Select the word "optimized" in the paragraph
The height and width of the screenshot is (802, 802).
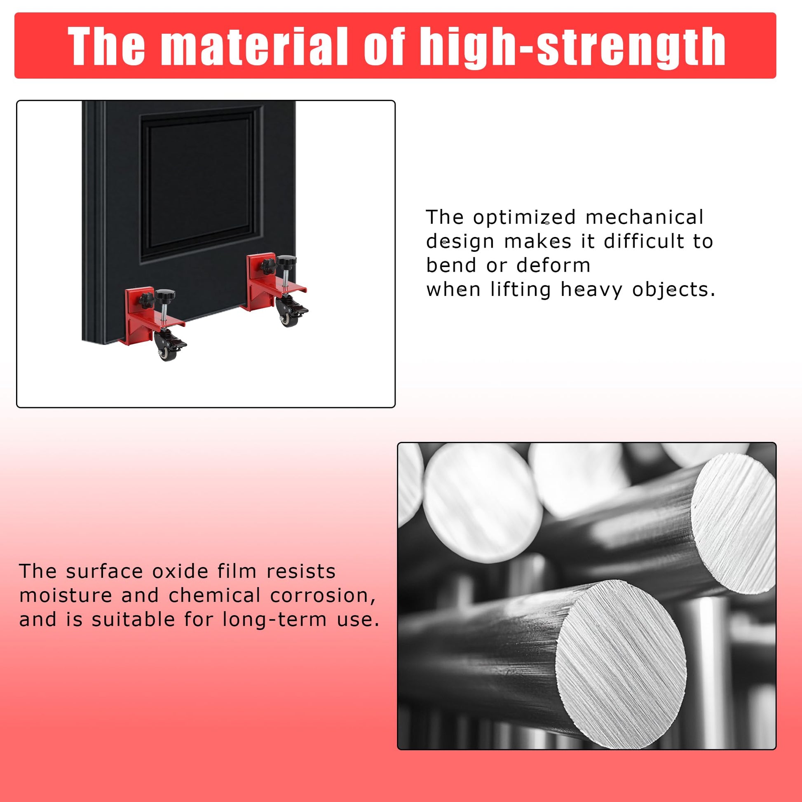(x=525, y=217)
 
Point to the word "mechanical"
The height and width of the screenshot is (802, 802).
(x=644, y=217)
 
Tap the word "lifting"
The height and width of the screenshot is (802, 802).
(x=521, y=290)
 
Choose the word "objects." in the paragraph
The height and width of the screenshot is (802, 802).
(x=674, y=289)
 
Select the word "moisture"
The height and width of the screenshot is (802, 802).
(x=66, y=596)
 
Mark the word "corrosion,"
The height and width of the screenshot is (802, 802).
(x=323, y=596)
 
